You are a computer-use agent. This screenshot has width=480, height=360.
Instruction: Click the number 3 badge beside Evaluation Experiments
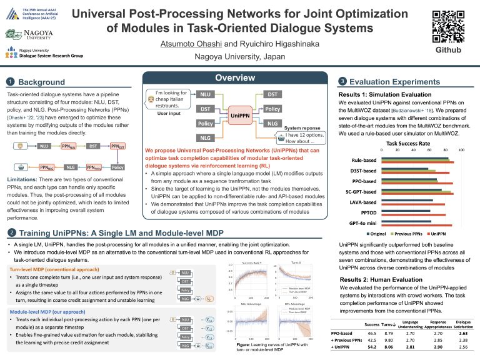coord(342,81)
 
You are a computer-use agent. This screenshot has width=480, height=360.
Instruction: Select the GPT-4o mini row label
coord(362,222)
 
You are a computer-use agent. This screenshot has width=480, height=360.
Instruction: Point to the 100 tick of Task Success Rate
coord(461,150)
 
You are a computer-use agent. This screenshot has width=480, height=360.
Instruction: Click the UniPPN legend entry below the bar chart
coord(439,233)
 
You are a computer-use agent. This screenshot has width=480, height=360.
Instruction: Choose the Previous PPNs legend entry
coord(402,233)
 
